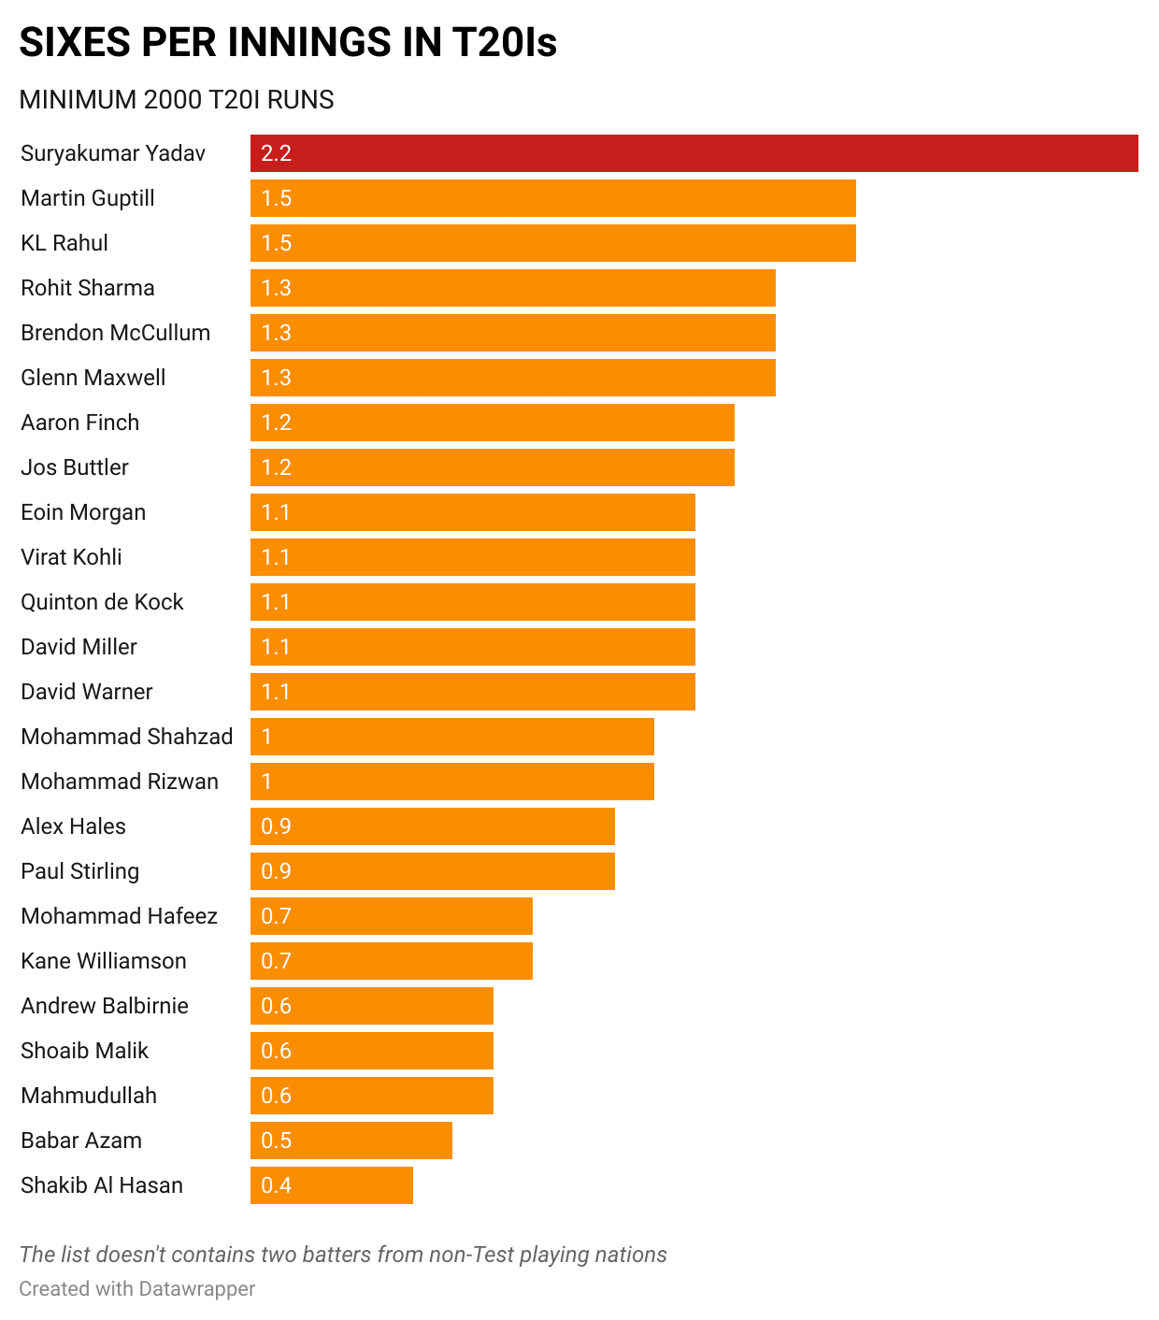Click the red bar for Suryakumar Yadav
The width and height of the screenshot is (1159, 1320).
coord(694,153)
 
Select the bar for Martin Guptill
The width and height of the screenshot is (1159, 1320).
coord(552,198)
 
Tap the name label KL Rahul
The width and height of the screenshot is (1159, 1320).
coord(64,243)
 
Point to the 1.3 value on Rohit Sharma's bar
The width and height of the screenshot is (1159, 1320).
coord(277,288)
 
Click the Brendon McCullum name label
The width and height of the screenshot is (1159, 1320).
coord(115,333)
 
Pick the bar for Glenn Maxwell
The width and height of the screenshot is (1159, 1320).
coord(512,378)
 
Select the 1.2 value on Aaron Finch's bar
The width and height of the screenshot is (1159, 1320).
coord(277,423)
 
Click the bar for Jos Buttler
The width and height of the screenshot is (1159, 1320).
coord(492,467)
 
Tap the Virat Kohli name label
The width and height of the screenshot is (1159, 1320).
coord(71,557)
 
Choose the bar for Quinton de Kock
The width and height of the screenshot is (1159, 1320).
coord(472,602)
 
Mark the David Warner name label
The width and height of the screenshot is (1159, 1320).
coord(86,692)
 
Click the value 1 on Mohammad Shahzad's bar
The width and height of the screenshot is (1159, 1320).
coord(266,737)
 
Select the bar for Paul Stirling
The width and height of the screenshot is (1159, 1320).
coord(432,871)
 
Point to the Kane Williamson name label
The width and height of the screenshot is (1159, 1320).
coord(104,961)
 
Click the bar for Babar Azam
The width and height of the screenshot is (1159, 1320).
coord(351,1141)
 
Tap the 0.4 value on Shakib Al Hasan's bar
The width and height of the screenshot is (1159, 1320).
coord(277,1185)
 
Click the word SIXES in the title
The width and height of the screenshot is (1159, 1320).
coord(73,43)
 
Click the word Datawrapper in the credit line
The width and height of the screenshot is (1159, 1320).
coord(196,1289)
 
